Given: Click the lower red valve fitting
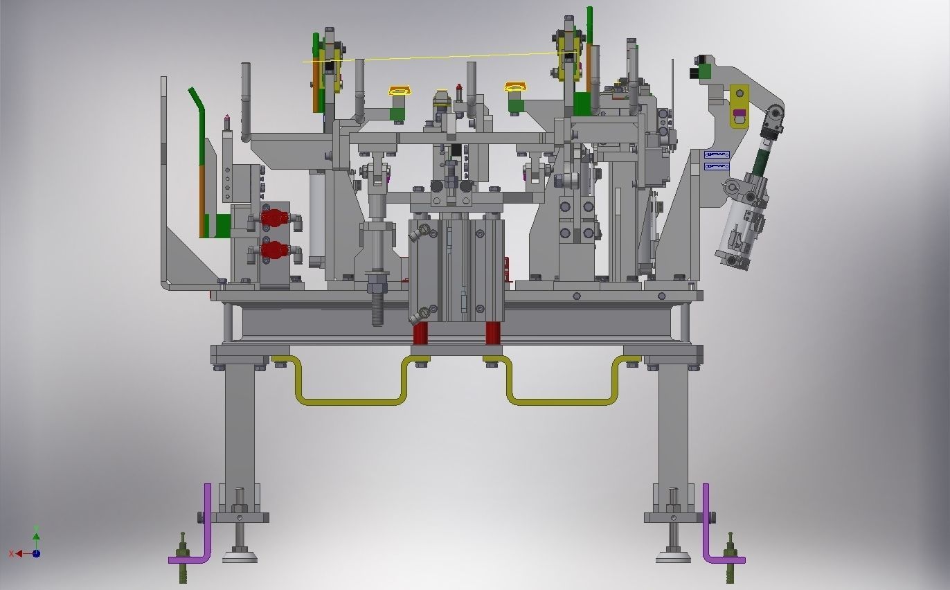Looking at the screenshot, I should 275,250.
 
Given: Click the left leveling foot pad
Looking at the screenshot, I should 240,555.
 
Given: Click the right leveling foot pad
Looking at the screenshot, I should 673,555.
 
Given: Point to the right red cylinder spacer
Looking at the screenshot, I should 492,334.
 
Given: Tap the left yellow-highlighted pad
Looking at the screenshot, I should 398,91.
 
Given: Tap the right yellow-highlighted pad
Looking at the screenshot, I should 515,87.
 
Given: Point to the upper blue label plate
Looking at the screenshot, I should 717,154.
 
